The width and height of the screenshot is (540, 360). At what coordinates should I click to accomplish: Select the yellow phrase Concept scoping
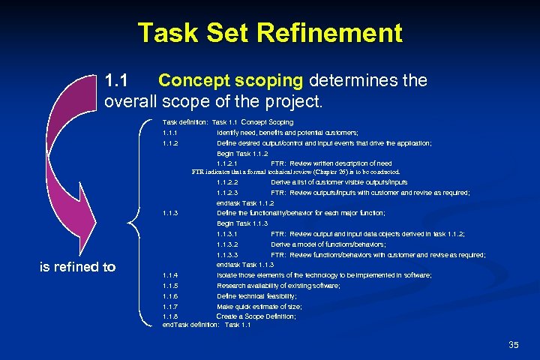click(x=229, y=80)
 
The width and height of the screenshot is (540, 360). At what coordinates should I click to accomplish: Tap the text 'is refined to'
click(x=77, y=266)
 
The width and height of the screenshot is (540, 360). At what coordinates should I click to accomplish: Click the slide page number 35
click(x=513, y=344)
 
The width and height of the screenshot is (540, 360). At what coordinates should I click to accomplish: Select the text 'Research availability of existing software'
click(x=277, y=286)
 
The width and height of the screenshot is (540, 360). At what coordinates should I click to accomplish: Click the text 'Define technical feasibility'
click(x=256, y=296)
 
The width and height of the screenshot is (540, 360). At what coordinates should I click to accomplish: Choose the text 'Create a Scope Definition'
click(x=256, y=316)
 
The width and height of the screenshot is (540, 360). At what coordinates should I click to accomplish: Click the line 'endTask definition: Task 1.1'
click(x=206, y=325)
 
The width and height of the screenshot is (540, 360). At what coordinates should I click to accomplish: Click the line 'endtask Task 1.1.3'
click(x=244, y=265)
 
